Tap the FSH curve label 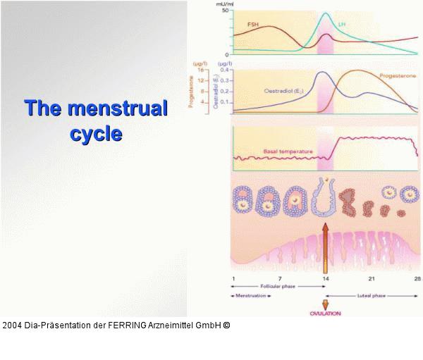(252, 25)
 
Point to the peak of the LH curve (326, 13)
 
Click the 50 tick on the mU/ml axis (225, 10)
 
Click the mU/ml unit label (224, 3)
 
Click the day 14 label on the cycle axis (326, 280)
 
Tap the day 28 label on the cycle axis (417, 280)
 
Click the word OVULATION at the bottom (326, 314)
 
